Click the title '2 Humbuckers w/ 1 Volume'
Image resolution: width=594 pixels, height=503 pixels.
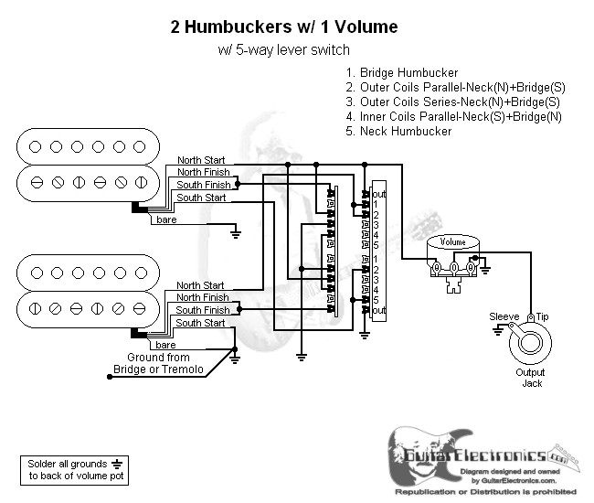pyautogui.click(x=284, y=27)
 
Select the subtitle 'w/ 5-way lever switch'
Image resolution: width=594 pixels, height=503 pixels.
pyautogui.click(x=283, y=50)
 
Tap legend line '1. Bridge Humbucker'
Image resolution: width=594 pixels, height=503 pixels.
pyautogui.click(x=402, y=72)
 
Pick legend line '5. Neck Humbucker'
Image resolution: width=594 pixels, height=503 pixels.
pyautogui.click(x=398, y=131)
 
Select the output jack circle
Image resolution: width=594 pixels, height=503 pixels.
pyautogui.click(x=530, y=347)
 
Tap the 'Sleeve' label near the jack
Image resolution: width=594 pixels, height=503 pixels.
pyautogui.click(x=504, y=316)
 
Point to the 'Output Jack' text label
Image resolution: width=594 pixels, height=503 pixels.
pyautogui.click(x=530, y=378)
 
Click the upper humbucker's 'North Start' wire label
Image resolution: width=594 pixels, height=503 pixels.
pyautogui.click(x=201, y=160)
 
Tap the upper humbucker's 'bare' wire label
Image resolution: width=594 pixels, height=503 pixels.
pyautogui.click(x=166, y=220)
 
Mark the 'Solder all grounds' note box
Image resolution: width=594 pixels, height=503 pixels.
pyautogui.click(x=71, y=470)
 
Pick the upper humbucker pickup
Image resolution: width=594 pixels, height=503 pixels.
pyautogui.click(x=88, y=164)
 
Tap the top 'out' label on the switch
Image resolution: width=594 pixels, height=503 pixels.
pyautogui.click(x=379, y=194)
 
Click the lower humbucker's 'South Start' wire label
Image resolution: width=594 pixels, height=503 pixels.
pyautogui.click(x=201, y=323)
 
